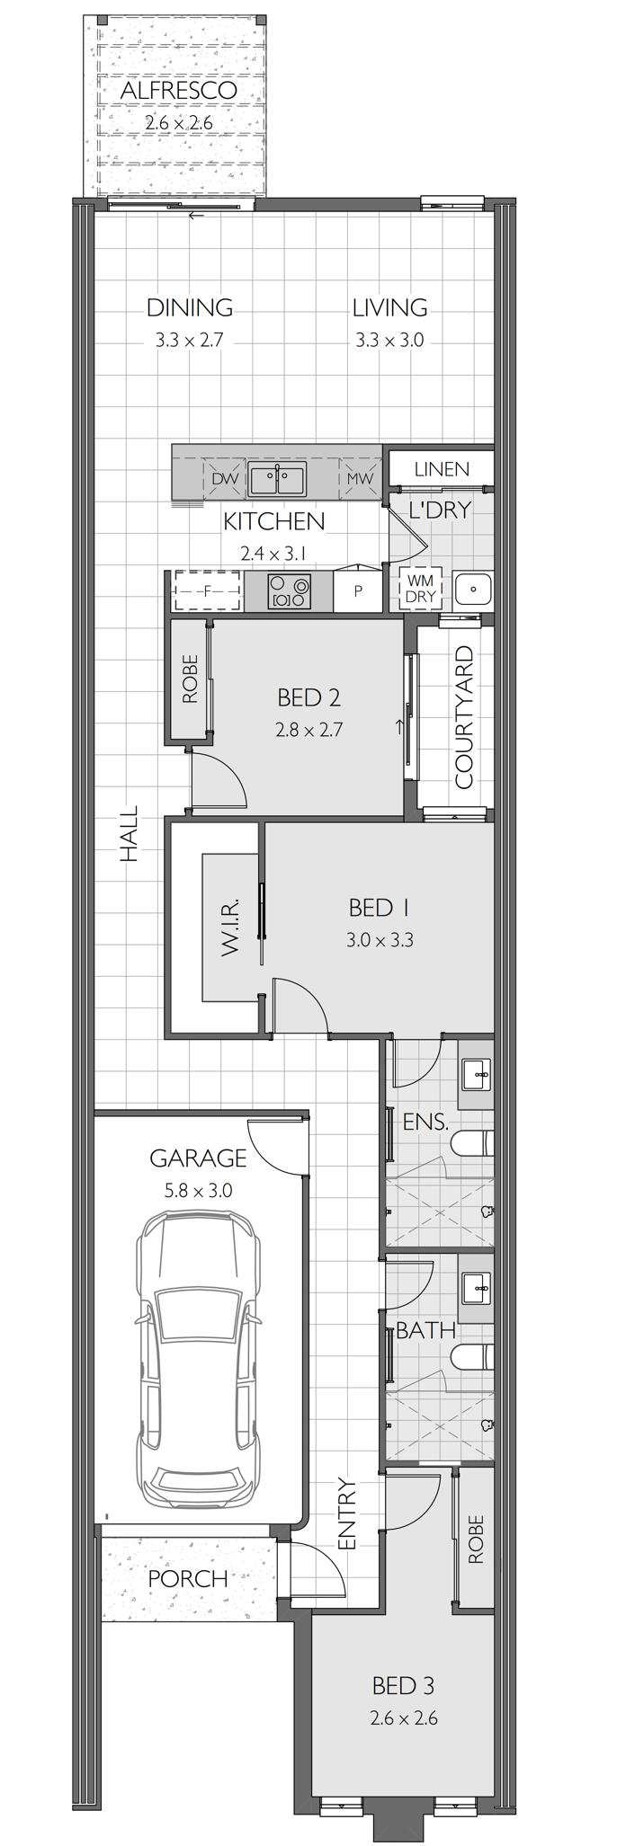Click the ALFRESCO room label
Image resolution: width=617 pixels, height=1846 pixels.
point(178,91)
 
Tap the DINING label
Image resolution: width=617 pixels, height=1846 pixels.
point(190,308)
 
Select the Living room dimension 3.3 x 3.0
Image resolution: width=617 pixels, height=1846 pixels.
point(389,341)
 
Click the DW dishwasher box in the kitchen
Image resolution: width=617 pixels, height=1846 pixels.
point(225,479)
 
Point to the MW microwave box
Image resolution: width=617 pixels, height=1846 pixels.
point(359,479)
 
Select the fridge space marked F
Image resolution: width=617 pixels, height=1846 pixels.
point(208,590)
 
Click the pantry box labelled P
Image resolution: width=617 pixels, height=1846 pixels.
point(358,590)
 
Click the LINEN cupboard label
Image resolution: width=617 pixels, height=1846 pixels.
point(442,469)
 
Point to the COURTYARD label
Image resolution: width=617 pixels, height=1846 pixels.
point(464,717)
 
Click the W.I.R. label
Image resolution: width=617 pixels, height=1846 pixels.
point(228,926)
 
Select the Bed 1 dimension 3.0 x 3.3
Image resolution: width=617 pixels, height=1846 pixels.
point(380,941)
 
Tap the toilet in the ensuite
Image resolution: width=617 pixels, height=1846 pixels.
point(472,1143)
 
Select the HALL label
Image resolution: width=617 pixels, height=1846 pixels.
point(130,834)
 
